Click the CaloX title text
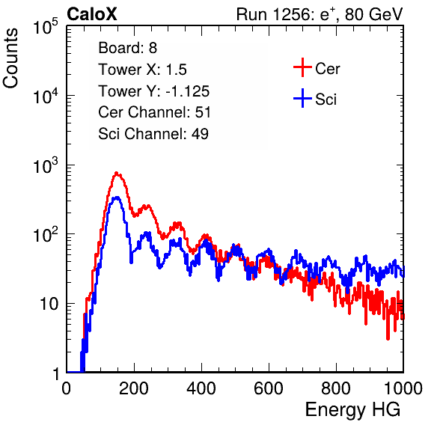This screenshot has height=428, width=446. (x=92, y=14)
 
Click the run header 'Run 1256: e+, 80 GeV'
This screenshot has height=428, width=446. (x=320, y=14)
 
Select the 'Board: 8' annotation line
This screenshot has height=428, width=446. (x=127, y=48)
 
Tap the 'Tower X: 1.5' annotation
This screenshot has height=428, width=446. (x=142, y=70)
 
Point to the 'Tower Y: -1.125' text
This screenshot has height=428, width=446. (x=154, y=91)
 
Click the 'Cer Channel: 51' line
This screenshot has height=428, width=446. (x=154, y=112)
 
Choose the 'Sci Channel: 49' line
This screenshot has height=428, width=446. (x=153, y=134)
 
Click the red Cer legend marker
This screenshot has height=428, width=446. (x=302, y=67)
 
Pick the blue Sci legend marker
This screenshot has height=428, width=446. (x=302, y=99)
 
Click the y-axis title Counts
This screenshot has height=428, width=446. (x=10, y=58)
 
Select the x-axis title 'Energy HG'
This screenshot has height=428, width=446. (x=352, y=410)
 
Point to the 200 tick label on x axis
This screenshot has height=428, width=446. (x=134, y=388)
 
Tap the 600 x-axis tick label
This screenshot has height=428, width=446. (x=269, y=388)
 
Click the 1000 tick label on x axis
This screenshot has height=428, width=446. (x=403, y=388)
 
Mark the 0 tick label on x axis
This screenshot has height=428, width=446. (x=67, y=388)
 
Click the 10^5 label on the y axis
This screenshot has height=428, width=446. (x=46, y=26)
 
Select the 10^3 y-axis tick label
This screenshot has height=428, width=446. (x=46, y=165)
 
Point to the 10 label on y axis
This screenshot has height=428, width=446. (x=49, y=304)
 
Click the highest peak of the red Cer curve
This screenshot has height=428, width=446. (x=116, y=173)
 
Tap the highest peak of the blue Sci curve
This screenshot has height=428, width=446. (x=116, y=198)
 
